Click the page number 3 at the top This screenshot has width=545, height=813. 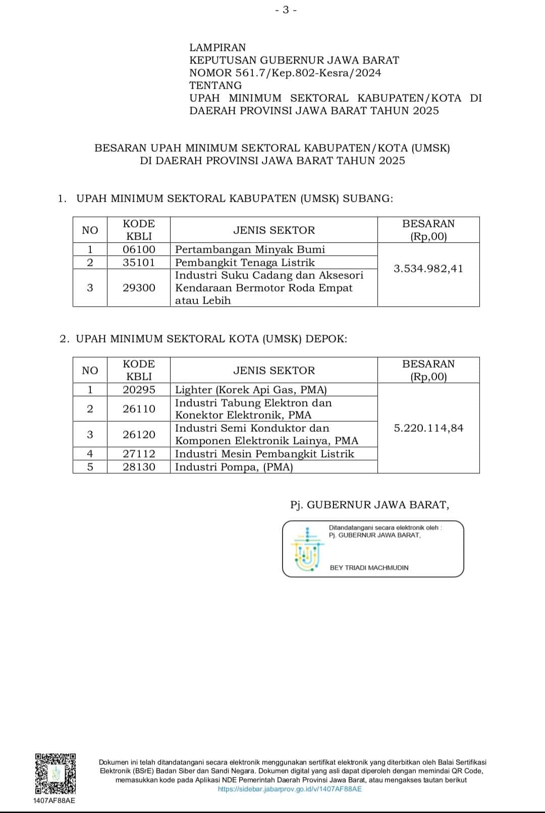286,10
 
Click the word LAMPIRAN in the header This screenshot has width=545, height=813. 217,47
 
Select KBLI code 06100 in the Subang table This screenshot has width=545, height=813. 139,249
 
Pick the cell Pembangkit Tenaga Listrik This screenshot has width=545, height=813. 245,262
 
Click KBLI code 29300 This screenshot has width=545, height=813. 139,288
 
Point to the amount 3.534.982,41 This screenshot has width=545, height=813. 428,268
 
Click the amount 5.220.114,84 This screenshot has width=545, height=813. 428,428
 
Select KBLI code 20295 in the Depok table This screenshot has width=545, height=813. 139,390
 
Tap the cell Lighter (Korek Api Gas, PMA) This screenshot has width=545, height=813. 251,390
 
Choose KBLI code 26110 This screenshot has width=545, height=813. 139,409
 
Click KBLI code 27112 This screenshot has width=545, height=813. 139,454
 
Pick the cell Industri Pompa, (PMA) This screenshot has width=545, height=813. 234,467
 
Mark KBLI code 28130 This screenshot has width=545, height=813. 139,467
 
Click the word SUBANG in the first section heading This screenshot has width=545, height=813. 367,198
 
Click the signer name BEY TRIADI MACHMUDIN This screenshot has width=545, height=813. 369,568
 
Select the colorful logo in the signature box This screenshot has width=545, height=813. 306,549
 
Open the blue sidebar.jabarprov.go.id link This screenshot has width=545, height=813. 290,789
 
